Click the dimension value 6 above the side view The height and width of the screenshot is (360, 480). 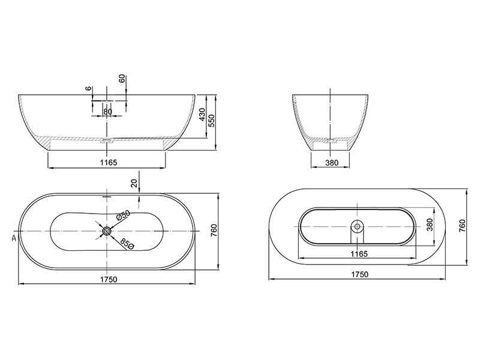(89, 88)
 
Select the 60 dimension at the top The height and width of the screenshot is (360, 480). (122, 79)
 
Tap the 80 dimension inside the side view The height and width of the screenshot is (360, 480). (107, 112)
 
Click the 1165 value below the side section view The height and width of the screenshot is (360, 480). (107, 162)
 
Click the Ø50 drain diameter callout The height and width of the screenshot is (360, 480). (123, 217)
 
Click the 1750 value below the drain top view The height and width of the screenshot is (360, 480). (107, 279)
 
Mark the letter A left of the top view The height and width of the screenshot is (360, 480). (13, 238)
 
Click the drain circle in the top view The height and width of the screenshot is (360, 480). (107, 230)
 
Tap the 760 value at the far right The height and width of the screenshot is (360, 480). (462, 226)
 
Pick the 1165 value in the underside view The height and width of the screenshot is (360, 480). (358, 254)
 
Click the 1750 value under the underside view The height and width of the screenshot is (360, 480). (358, 274)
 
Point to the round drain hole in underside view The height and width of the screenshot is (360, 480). (358, 226)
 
